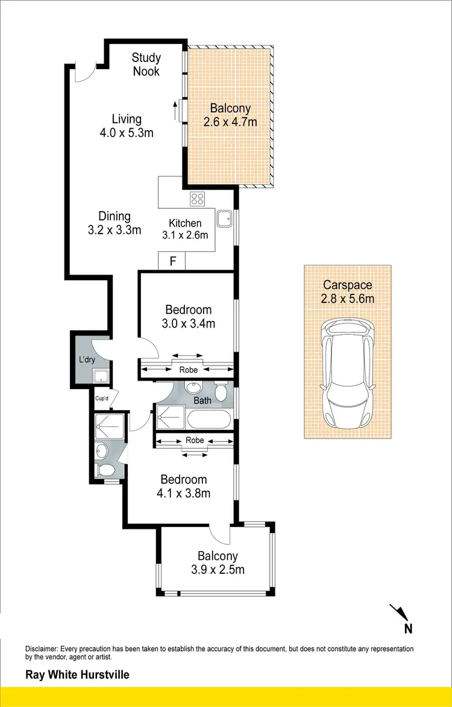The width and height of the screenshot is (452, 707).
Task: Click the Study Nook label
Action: (146, 64)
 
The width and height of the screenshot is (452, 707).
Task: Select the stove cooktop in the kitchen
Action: (197, 199)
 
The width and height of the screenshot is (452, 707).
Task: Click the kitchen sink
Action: (224, 219)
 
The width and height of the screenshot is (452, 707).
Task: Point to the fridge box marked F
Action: (172, 262)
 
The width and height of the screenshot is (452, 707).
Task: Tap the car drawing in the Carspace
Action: (348, 373)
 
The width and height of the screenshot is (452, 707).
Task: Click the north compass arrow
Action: (399, 613)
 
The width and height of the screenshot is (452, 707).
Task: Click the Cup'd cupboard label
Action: (101, 398)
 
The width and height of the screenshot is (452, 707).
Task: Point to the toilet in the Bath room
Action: (221, 392)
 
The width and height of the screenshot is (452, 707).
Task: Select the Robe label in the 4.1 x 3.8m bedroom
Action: (194, 440)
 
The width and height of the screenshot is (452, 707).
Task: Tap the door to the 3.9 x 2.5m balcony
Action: (221, 533)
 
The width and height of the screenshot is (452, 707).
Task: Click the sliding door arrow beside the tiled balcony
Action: (175, 110)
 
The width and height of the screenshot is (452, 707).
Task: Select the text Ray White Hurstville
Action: (77, 675)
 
